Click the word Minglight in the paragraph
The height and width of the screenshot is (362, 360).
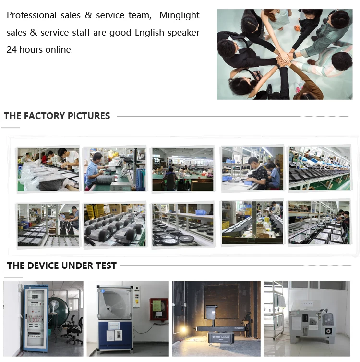coord(180,15)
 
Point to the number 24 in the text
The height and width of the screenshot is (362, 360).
coord(12,49)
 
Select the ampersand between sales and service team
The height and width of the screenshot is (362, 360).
coord(88,15)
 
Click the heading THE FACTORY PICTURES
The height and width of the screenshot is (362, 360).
coord(57,116)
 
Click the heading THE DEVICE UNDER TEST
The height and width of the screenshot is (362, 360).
coord(62,265)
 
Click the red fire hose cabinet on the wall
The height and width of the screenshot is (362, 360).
coord(158,309)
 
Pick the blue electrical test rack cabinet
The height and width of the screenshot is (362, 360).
coord(36,319)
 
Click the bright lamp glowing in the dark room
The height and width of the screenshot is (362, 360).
coord(183,329)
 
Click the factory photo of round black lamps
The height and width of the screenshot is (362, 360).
coord(183,225)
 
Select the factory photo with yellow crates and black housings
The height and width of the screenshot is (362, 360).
coord(115,225)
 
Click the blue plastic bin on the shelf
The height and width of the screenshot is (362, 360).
coord(201,212)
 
